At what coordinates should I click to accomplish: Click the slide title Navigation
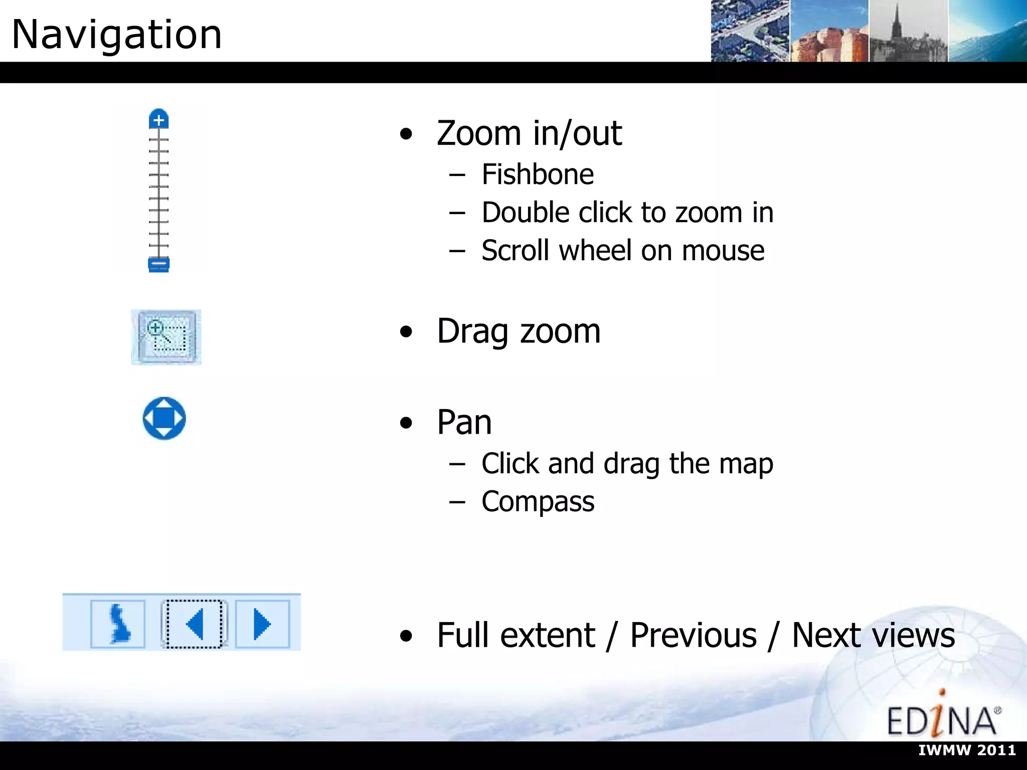coord(116,34)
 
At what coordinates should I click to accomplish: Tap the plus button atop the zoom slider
coord(158,120)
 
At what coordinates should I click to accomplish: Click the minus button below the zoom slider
coord(158,264)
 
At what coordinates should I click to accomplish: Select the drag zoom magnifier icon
coord(166,337)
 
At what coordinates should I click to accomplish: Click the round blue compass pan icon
coord(164,419)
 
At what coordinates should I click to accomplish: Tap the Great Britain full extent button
coord(118,624)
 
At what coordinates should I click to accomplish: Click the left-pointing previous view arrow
coord(194,624)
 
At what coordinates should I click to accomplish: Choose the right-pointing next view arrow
coord(262,624)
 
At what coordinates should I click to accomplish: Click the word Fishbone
coord(538,174)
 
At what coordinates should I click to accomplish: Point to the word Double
coord(525,213)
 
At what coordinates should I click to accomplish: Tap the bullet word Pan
coord(464,422)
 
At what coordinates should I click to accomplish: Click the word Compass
coord(538,501)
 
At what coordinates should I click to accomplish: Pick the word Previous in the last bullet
coord(693,635)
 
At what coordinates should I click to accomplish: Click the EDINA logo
coord(943,717)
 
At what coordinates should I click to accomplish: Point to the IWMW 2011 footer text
coord(967,750)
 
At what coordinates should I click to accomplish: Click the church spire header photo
coord(908,31)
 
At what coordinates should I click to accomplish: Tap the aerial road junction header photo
coord(750,31)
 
